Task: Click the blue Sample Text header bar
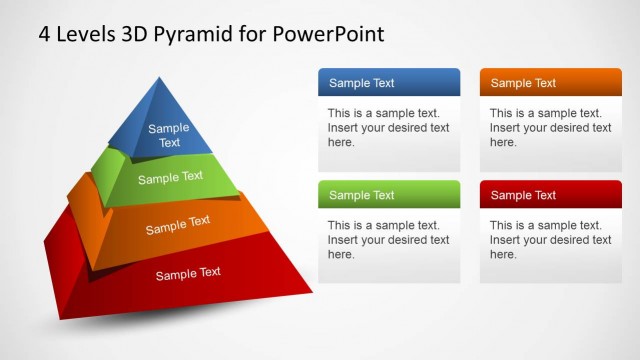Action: (389, 83)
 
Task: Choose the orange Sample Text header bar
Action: (550, 83)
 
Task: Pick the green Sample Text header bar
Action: (389, 195)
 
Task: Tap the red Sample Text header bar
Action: (550, 195)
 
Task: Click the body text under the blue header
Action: (388, 128)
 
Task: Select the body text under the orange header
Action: (550, 128)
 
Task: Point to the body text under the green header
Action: (388, 240)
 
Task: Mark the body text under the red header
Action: (550, 240)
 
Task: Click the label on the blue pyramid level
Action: (169, 135)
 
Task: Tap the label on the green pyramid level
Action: (170, 178)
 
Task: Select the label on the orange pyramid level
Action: (178, 225)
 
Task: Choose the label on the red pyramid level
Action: (188, 273)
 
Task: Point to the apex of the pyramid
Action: (156, 78)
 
